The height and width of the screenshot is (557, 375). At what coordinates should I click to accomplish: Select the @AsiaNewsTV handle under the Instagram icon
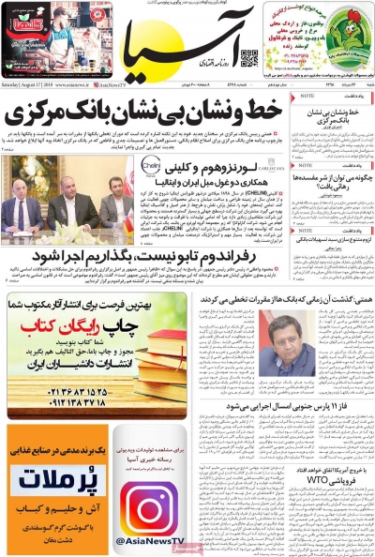(148, 541)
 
